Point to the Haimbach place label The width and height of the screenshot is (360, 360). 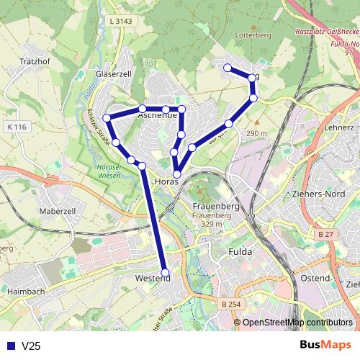(x=26, y=292)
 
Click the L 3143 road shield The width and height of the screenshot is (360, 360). (x=123, y=22)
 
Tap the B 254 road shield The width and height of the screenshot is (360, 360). (x=231, y=305)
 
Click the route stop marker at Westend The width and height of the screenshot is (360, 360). (x=166, y=272)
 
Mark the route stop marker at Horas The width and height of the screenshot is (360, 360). (x=177, y=174)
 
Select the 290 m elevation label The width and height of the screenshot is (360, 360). (x=256, y=133)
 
